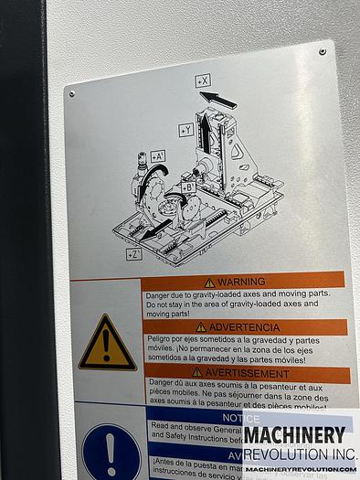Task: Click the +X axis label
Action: click(x=202, y=81)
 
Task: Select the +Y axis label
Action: click(x=185, y=131)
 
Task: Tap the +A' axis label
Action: click(x=158, y=156)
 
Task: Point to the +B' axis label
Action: click(x=187, y=187)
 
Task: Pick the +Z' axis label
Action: click(x=133, y=254)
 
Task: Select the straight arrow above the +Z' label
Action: click(x=156, y=227)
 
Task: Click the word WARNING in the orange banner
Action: click(x=241, y=282)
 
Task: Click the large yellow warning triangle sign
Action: click(x=107, y=345)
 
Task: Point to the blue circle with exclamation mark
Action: click(x=110, y=451)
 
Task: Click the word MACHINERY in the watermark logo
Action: click(x=293, y=434)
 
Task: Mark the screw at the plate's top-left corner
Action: click(x=72, y=93)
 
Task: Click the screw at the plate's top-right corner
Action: click(x=322, y=52)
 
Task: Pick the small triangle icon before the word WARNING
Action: click(x=209, y=283)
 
